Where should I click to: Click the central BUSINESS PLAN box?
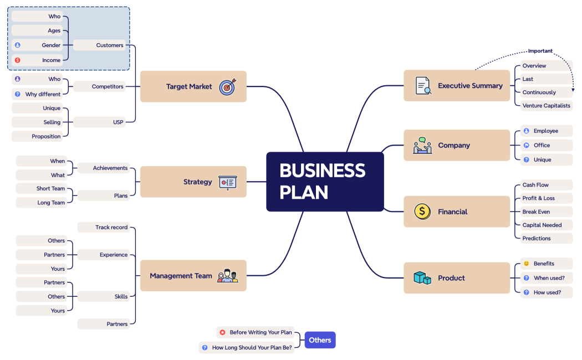325,182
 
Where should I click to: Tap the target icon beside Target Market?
227,87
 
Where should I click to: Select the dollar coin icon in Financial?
422,212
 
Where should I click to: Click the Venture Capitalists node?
546,106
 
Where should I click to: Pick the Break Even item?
536,212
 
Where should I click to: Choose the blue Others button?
320,340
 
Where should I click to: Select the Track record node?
104,227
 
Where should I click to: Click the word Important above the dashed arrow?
540,51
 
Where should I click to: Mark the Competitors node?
100,86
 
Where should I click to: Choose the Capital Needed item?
542,225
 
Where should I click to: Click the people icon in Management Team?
227,276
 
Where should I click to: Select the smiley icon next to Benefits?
527,264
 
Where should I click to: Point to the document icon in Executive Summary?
423,86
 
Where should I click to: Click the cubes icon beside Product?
422,278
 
